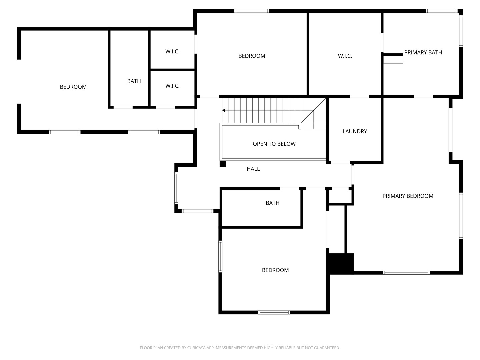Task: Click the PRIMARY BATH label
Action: [x=423, y=52]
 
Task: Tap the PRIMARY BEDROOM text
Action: [x=408, y=196]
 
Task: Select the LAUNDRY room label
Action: [x=354, y=131]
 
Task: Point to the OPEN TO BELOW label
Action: [x=274, y=144]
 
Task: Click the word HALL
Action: [x=253, y=169]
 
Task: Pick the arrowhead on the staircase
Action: [x=223, y=110]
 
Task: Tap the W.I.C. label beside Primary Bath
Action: [x=345, y=56]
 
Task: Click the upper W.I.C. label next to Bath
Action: [x=172, y=52]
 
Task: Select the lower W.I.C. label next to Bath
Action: [x=172, y=86]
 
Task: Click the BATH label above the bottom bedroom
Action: [x=272, y=203]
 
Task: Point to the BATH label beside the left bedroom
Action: [x=134, y=81]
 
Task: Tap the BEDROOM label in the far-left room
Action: [x=73, y=87]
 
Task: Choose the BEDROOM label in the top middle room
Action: [x=252, y=56]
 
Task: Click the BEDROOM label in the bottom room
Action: [x=275, y=270]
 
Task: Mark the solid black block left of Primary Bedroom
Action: [x=340, y=263]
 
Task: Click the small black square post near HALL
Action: [x=223, y=164]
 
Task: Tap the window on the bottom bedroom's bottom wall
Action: [x=274, y=312]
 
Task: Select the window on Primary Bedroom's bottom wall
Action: [x=406, y=273]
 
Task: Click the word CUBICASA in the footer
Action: [x=196, y=348]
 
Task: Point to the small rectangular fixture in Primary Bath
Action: [x=393, y=59]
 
